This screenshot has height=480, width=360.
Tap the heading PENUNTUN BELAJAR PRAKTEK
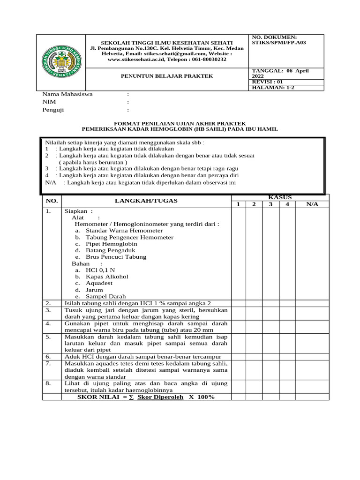pyautogui.click(x=167, y=75)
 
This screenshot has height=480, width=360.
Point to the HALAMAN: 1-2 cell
pyautogui.click(x=273, y=87)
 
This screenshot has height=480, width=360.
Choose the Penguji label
pyautogui.click(x=53, y=110)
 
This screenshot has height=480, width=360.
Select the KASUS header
pyautogui.click(x=279, y=197)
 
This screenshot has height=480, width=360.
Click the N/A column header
pyautogui.click(x=312, y=204)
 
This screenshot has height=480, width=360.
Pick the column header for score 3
pyautogui.click(x=270, y=204)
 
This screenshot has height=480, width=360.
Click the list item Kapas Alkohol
pyautogui.click(x=107, y=277)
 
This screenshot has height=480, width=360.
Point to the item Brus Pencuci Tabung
pyautogui.click(x=116, y=257)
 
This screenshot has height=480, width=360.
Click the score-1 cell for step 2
pyautogui.click(x=238, y=303)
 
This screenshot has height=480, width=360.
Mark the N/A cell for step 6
pyautogui.click(x=312, y=356)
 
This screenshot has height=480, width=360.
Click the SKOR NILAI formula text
pyautogui.click(x=146, y=397)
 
